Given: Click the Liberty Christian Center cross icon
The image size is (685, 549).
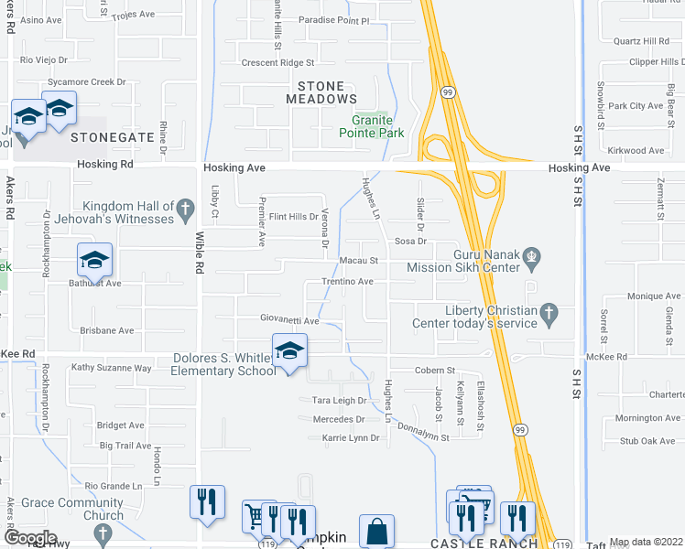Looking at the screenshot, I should (x=549, y=314).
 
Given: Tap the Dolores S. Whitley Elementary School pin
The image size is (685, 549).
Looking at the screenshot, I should (x=289, y=351).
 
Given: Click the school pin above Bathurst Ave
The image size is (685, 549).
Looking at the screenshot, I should (x=94, y=261).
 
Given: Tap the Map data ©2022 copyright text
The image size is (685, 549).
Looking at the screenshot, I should (x=647, y=542).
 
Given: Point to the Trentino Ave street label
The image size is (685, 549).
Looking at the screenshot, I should (x=347, y=282).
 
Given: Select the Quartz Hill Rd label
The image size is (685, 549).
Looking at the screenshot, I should (x=641, y=41).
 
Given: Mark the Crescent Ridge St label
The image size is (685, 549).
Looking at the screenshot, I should (x=277, y=63).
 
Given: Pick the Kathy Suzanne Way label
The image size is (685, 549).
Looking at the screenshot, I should (x=111, y=368).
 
